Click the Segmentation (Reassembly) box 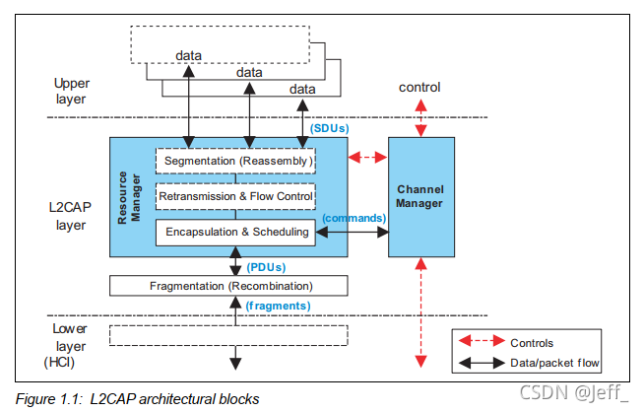pos(237,160)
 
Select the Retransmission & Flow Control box pos(235,196)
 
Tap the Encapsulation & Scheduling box pos(235,233)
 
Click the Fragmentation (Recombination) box pos(228,286)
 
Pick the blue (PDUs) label pos(267,267)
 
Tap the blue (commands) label pos(352,217)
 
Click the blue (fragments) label pos(280,305)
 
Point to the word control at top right pos(419,88)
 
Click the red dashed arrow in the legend pos(483,342)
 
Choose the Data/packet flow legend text pos(554,363)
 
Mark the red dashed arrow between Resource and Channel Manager pos(368,156)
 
